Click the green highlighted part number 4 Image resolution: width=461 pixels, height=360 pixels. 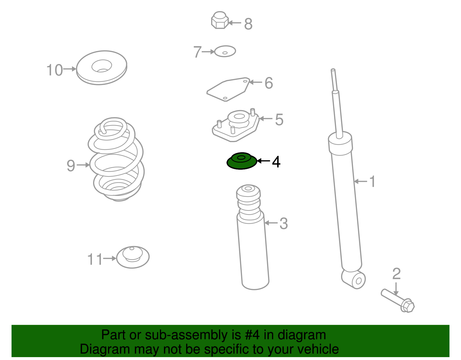pos(242,161)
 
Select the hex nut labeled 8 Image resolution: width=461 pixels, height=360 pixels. pos(220,20)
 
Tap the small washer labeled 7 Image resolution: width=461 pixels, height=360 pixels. pos(225,51)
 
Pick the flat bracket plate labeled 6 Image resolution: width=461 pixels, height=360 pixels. pos(228,89)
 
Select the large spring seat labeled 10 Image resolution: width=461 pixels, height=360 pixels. pos(102,68)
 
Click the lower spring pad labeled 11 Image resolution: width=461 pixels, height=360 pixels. pos(133,257)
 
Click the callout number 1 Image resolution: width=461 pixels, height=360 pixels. pos(372,181)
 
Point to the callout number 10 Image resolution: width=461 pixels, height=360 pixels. pos(54,70)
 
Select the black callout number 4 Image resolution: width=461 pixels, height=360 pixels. pos(276,162)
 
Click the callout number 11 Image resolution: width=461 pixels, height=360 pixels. pos(95,259)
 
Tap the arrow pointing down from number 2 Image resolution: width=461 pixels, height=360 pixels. pos(396,289)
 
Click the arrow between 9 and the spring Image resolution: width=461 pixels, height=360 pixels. pos(83,165)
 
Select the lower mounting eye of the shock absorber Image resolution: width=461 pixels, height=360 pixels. pos(354,279)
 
